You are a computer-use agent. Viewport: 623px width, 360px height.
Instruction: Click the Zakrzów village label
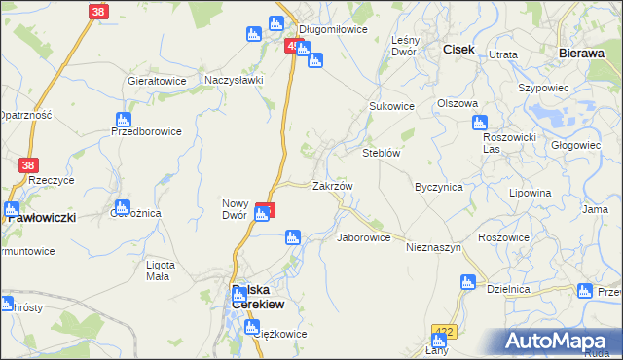coord(332,185)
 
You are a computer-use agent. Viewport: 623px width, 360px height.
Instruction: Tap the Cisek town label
coord(458,50)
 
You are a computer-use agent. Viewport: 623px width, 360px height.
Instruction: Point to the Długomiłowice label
coord(332,29)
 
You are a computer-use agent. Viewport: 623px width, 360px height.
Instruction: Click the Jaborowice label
coord(363,237)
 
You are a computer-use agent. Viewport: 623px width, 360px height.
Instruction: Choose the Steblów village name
coord(382,153)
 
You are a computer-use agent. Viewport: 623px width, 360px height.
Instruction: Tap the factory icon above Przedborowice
coord(120,119)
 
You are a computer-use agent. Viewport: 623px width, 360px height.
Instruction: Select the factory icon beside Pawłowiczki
coord(12,208)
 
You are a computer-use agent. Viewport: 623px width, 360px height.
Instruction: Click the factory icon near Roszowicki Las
coord(479,123)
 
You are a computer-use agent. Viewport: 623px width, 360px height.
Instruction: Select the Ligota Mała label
coord(160,270)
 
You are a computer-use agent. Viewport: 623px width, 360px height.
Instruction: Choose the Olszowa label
coord(458,103)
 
